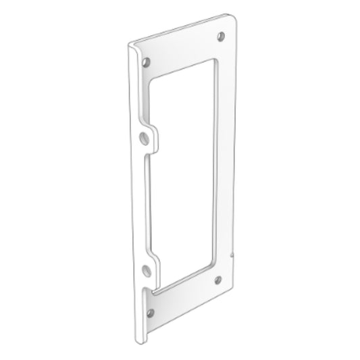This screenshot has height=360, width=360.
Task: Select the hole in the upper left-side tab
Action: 143,137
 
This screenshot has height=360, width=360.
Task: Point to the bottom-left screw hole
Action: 150,311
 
